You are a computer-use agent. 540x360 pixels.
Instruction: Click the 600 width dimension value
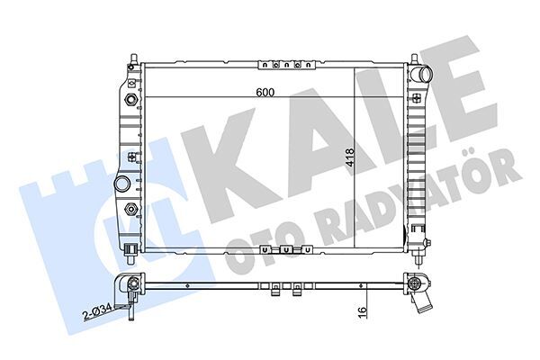264,92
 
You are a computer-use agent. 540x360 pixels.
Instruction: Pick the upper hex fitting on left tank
132,99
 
